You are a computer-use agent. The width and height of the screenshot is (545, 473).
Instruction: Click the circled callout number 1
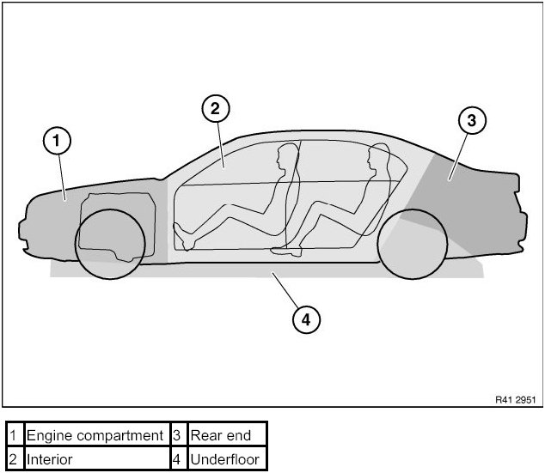pyautogui.click(x=56, y=141)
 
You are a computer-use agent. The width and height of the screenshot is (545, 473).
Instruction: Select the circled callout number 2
pyautogui.click(x=215, y=108)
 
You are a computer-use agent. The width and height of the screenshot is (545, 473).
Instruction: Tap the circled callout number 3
pyautogui.click(x=471, y=121)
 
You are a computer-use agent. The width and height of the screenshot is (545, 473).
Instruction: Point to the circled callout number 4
pyautogui.click(x=307, y=319)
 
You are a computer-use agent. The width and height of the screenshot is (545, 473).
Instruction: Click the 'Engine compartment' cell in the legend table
pyautogui.click(x=95, y=436)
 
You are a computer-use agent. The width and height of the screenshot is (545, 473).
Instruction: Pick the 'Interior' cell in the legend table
pyautogui.click(x=95, y=459)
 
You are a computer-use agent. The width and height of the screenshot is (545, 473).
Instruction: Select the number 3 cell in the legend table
pyautogui.click(x=176, y=436)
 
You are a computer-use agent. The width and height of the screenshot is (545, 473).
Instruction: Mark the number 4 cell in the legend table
pyautogui.click(x=176, y=459)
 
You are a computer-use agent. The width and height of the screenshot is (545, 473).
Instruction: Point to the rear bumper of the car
pyautogui.click(x=520, y=219)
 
